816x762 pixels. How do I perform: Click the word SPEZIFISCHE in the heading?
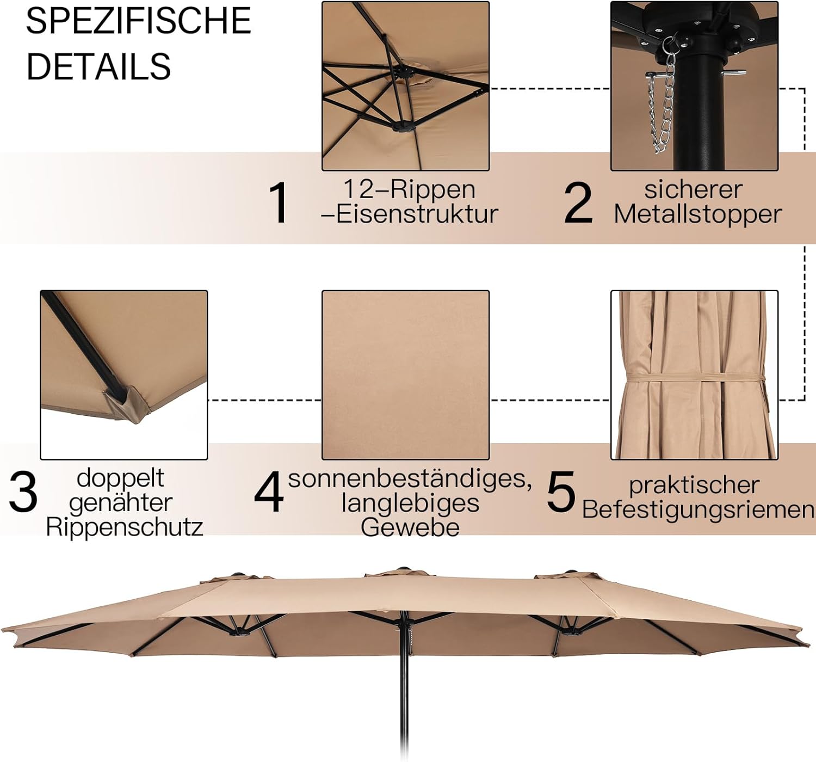(x=139, y=21)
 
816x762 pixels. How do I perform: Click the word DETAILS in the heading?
(x=98, y=66)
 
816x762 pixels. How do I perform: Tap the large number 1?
(x=279, y=202)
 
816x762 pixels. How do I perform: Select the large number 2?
(x=578, y=202)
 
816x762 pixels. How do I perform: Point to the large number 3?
(x=23, y=492)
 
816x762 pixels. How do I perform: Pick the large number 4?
(x=269, y=492)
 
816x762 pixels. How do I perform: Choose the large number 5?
(x=561, y=492)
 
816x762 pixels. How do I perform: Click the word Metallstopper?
(x=697, y=214)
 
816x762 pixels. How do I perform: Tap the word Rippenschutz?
(x=125, y=527)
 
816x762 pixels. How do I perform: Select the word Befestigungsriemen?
(x=698, y=510)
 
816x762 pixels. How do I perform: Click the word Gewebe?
(x=410, y=527)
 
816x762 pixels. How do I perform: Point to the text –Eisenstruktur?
(x=409, y=214)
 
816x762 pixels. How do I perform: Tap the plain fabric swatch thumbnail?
(x=405, y=375)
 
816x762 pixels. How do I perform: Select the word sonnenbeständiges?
(x=410, y=478)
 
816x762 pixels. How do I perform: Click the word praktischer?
(x=694, y=486)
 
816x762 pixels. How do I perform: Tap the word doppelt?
(x=120, y=478)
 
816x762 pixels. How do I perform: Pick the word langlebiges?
(x=410, y=503)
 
